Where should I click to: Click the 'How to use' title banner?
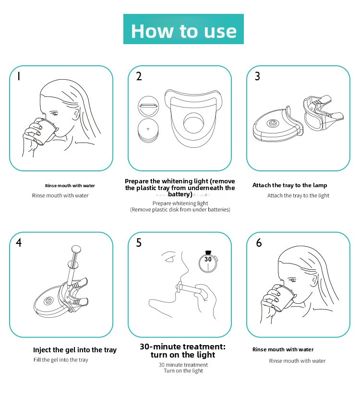point(183,29)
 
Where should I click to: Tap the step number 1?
point(18,76)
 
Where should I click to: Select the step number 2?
point(139,76)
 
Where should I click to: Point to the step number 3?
point(257,76)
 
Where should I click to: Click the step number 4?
point(19,243)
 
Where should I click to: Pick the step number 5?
point(139,243)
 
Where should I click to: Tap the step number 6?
point(259,243)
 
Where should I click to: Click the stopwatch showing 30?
point(208,262)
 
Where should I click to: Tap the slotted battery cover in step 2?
point(148,107)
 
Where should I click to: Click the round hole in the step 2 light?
point(193,123)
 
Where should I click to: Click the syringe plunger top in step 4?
point(76,249)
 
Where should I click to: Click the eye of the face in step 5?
point(170,259)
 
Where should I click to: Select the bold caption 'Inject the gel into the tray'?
point(75,350)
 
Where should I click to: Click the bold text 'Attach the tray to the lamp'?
point(289,185)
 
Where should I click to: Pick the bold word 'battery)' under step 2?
point(180,194)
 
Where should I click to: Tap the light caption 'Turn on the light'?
point(183,371)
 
